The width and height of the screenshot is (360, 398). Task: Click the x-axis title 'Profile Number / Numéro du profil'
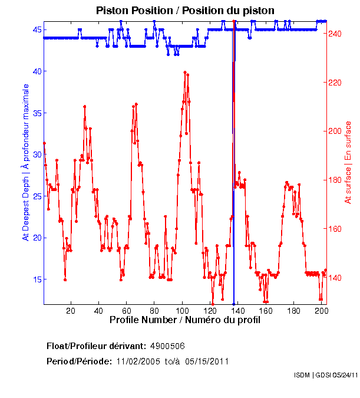pyautogui.click(x=184, y=321)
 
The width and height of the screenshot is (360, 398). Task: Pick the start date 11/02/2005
pyautogui.click(x=137, y=361)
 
